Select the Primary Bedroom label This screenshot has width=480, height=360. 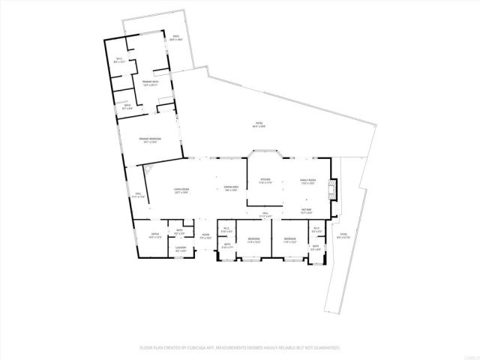tap(150, 140)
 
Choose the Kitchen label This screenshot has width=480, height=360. tap(265, 181)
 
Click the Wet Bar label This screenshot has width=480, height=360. tap(306, 211)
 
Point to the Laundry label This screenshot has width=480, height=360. tap(180, 248)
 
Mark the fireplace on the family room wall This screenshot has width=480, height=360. tap(335, 190)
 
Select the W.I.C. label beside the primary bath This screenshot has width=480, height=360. tap(118, 61)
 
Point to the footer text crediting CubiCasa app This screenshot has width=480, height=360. tap(239, 348)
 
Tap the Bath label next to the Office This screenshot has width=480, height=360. tap(179, 231)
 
